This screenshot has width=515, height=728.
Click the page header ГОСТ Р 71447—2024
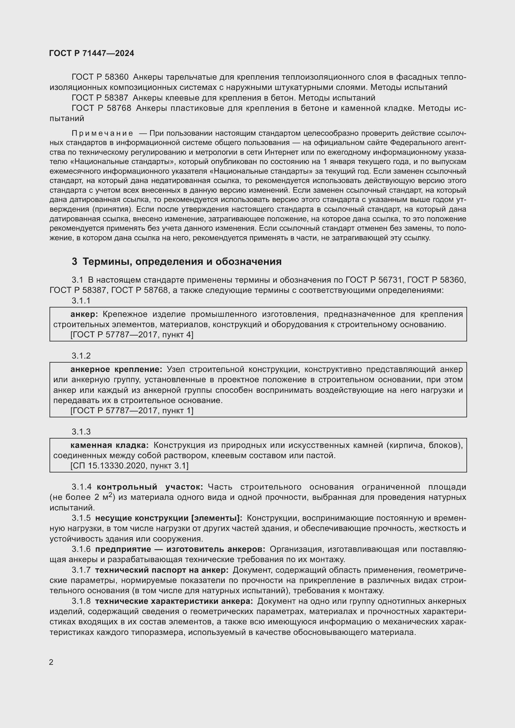92,53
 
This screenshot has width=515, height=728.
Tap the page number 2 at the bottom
51,662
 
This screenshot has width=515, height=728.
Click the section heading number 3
74,261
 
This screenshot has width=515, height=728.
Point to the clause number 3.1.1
81,301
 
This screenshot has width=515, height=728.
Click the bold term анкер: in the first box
84,314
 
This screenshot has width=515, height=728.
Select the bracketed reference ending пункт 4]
132,335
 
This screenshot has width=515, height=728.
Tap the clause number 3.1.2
81,356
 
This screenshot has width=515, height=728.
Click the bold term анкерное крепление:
116,369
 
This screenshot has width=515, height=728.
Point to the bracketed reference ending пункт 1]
132,411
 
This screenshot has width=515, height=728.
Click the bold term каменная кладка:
109,445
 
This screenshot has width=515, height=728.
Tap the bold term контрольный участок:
150,487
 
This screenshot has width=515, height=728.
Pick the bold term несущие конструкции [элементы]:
169,518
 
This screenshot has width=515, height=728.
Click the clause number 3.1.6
81,549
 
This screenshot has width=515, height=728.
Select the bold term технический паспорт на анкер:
162,570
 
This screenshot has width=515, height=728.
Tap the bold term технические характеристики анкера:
174,601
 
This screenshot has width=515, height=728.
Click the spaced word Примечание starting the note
102,133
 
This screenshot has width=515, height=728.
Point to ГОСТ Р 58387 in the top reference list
100,98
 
